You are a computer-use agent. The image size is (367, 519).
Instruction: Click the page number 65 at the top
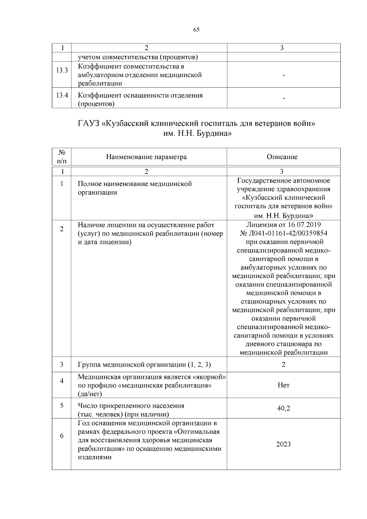[196, 30]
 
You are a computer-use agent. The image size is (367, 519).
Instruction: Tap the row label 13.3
[61, 70]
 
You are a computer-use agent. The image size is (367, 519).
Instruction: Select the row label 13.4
[61, 95]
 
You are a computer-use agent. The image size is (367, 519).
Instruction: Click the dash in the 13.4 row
[284, 98]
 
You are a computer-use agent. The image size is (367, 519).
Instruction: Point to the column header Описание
[282, 157]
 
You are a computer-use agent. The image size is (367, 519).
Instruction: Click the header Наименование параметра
[146, 157]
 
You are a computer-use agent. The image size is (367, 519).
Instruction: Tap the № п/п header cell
[62, 156]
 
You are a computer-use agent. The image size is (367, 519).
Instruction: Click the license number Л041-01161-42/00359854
[287, 233]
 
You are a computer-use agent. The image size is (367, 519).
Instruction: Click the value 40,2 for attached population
[283, 408]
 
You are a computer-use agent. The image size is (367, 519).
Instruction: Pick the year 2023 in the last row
[283, 444]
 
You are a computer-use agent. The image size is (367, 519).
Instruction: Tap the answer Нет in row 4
[283, 385]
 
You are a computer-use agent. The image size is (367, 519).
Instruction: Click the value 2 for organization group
[283, 365]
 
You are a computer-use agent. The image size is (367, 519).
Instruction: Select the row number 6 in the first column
[62, 436]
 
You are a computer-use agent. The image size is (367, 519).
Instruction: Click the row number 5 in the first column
[62, 406]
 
